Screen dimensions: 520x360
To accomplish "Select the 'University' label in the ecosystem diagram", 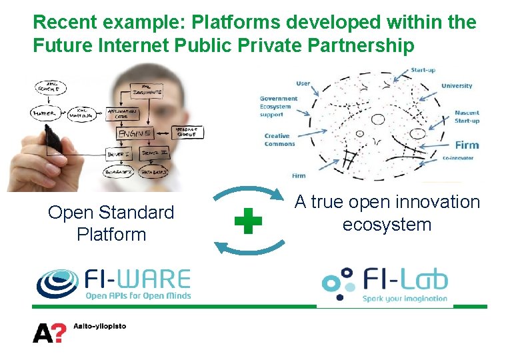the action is (x=457, y=85).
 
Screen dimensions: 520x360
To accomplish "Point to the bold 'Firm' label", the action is (x=467, y=145).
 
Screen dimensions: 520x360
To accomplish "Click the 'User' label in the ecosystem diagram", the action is (x=303, y=83).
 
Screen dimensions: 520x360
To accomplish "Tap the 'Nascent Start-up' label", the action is (x=467, y=117).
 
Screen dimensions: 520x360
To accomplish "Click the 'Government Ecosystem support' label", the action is (x=279, y=107).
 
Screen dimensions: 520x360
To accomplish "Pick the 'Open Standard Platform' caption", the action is (x=111, y=223).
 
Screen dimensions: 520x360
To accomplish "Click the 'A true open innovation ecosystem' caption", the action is (x=387, y=213).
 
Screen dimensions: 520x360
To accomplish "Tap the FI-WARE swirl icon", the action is (x=57, y=283).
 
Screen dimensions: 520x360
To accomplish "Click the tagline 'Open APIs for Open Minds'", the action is (x=138, y=295).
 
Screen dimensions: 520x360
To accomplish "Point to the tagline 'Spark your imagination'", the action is (x=405, y=298).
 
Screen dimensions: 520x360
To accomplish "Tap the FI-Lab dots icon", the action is (x=338, y=283).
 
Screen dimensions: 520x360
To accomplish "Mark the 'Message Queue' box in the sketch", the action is (x=189, y=132).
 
